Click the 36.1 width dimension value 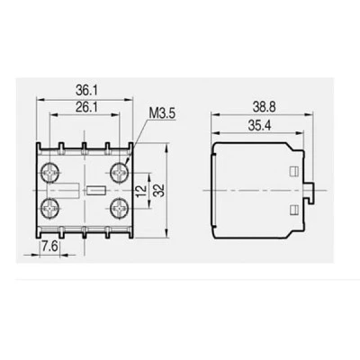84,90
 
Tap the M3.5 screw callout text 162,113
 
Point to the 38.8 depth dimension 264,107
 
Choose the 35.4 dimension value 259,126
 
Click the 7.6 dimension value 49,247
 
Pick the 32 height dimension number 160,191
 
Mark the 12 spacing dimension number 141,190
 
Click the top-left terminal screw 49,173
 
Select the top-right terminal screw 119,172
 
